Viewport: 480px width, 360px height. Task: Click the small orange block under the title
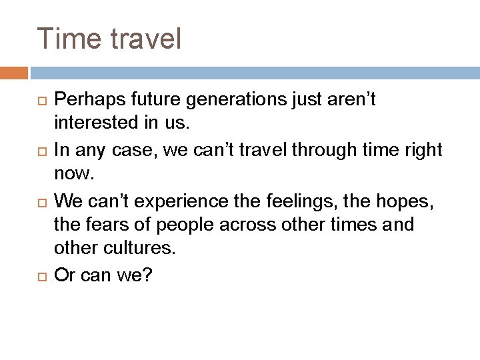[13, 73]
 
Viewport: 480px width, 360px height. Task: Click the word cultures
[137, 249]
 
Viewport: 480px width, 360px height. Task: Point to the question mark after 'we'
[147, 274]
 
